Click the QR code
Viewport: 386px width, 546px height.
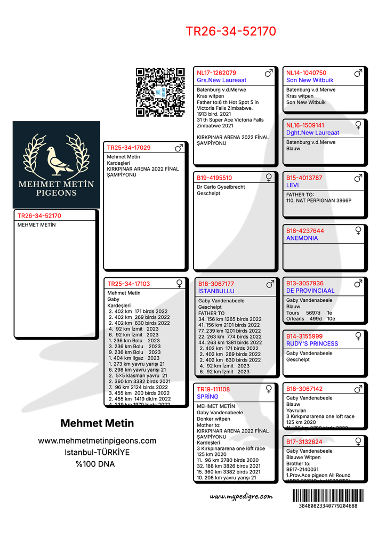(160, 92)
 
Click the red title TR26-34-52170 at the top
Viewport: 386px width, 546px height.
(231, 31)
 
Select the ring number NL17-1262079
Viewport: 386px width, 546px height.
(216, 73)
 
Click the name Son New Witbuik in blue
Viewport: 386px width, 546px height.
(306, 80)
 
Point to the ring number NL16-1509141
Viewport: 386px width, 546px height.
(305, 125)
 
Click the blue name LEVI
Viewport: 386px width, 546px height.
(292, 185)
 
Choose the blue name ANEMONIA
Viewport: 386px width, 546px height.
(302, 238)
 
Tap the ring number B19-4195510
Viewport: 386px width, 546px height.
(214, 178)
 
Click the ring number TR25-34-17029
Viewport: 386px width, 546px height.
(128, 148)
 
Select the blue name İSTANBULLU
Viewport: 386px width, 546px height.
(216, 292)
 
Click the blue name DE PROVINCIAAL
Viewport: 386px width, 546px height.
(310, 291)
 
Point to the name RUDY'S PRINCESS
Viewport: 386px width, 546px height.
(312, 344)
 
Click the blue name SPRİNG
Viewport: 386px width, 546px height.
(207, 397)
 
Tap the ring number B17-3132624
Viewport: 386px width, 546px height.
(304, 441)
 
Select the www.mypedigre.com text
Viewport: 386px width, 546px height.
(241, 496)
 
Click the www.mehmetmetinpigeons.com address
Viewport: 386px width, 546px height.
(97, 440)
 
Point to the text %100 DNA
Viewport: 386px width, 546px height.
(95, 464)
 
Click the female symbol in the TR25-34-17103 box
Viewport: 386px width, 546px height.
(180, 283)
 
